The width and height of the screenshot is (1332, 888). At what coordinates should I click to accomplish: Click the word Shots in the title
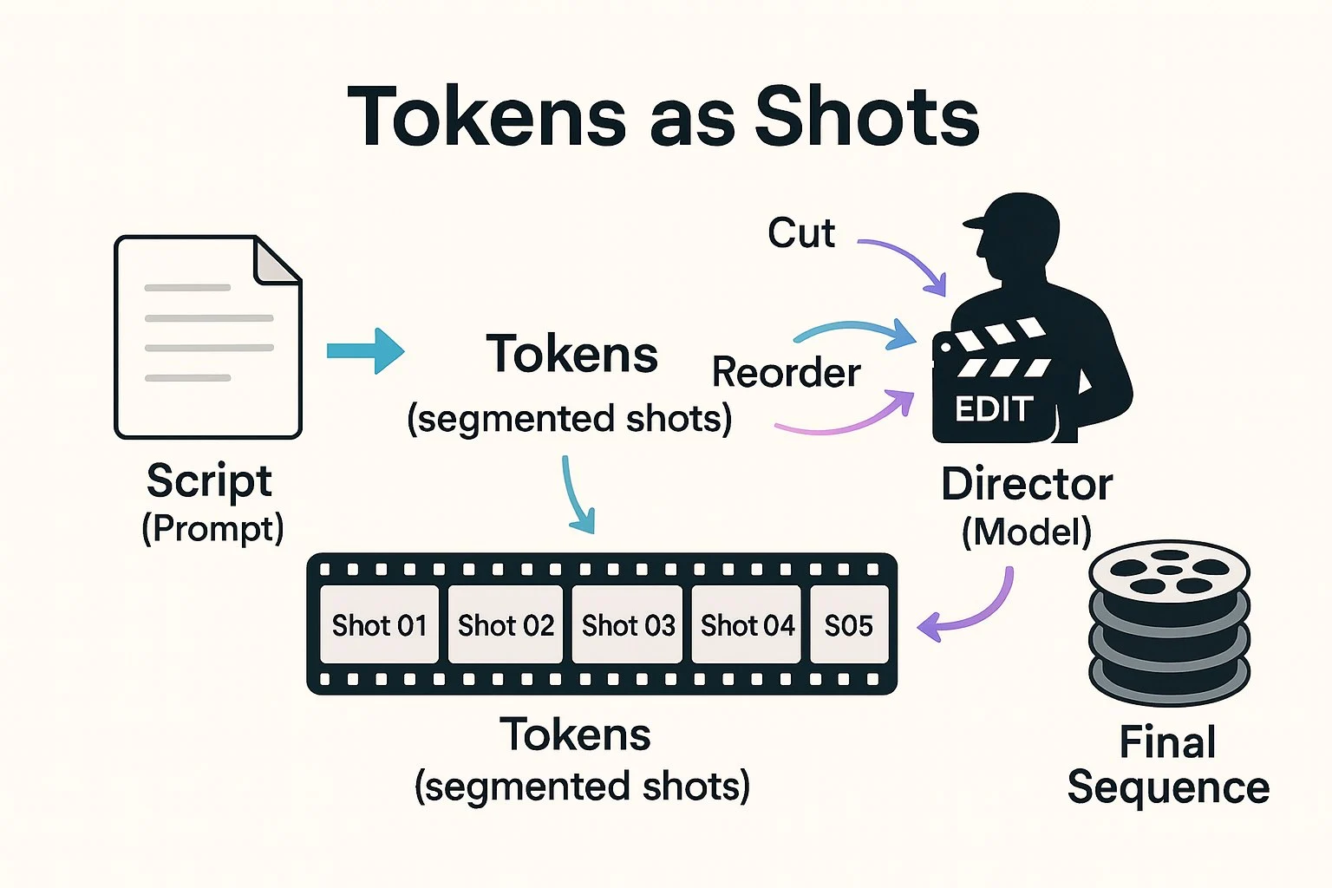[866, 117]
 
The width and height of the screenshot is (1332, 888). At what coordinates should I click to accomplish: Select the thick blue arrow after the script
[365, 351]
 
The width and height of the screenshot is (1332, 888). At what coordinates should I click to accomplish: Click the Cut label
[801, 233]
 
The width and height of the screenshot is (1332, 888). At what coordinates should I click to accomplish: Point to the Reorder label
[786, 373]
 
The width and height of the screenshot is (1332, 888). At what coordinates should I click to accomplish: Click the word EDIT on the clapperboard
[993, 409]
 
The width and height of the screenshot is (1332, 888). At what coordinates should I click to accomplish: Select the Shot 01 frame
[379, 624]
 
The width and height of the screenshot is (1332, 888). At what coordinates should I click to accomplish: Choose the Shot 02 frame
[506, 624]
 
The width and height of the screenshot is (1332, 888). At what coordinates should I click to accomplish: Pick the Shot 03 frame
[628, 624]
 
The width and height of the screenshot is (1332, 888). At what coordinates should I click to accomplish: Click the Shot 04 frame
[747, 624]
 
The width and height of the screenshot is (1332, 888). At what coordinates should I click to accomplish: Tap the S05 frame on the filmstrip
[848, 624]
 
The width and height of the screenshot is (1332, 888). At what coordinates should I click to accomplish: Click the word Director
[1027, 485]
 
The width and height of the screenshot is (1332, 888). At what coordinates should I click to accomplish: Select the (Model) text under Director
[1027, 532]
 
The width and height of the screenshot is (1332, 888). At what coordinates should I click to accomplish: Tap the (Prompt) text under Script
[212, 528]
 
